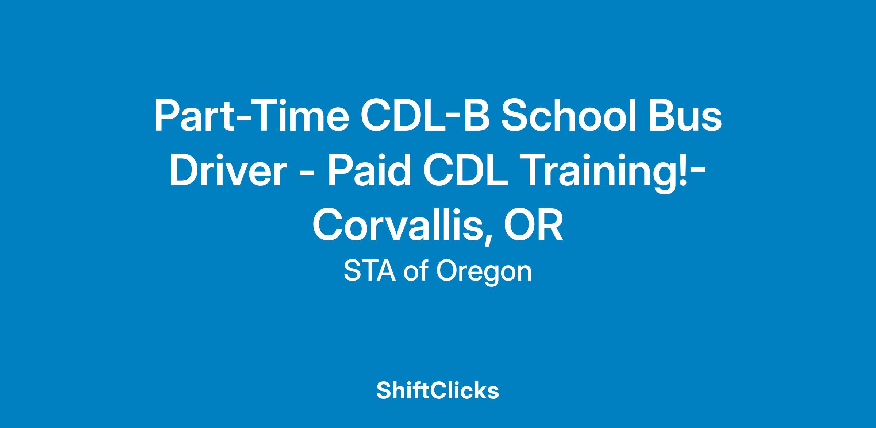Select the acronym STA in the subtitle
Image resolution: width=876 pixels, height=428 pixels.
pyautogui.click(x=370, y=271)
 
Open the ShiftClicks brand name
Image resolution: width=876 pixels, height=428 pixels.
pyautogui.click(x=438, y=391)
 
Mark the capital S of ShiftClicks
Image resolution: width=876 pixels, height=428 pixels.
pyautogui.click(x=384, y=391)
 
